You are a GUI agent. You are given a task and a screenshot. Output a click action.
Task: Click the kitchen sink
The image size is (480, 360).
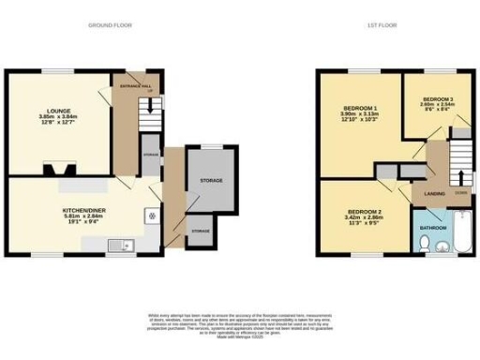tap(120, 246)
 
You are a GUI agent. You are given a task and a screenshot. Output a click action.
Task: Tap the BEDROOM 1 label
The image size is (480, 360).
tap(359, 113)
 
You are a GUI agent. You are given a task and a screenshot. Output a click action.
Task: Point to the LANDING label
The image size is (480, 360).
tap(434, 193)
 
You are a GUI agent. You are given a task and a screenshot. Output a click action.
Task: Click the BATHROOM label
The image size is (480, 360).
tap(432, 228)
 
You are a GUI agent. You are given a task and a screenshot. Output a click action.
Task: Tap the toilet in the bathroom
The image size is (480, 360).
tap(426, 246)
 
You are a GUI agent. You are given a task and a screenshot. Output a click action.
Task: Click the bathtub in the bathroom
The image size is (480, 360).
tap(457, 234)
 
